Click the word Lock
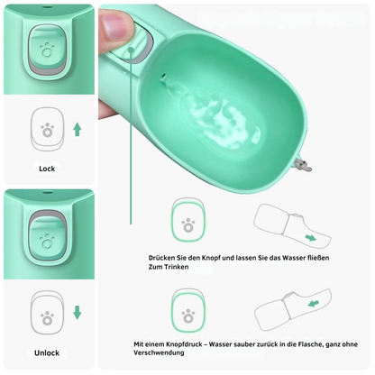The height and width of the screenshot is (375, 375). (x=47, y=169)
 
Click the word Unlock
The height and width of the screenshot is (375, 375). (x=47, y=352)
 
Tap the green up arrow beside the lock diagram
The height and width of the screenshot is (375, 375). (x=78, y=130)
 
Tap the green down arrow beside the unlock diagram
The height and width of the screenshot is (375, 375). (x=78, y=313)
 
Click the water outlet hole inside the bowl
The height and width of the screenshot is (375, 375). (x=164, y=77)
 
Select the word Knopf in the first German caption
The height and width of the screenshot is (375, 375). (x=211, y=258)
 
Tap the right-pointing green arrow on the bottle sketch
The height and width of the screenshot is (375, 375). (x=311, y=238)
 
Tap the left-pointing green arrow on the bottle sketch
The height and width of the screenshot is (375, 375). (x=313, y=304)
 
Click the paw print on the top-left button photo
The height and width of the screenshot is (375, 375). (x=47, y=50)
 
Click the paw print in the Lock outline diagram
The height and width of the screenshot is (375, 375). (x=47, y=130)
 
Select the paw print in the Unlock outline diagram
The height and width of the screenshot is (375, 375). (x=48, y=318)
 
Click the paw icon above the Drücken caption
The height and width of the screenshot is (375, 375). (x=188, y=225)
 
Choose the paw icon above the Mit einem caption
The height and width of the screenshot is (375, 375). (x=188, y=316)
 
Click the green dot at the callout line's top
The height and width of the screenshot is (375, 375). (x=131, y=50)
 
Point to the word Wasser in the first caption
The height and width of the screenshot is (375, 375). (x=293, y=258)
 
